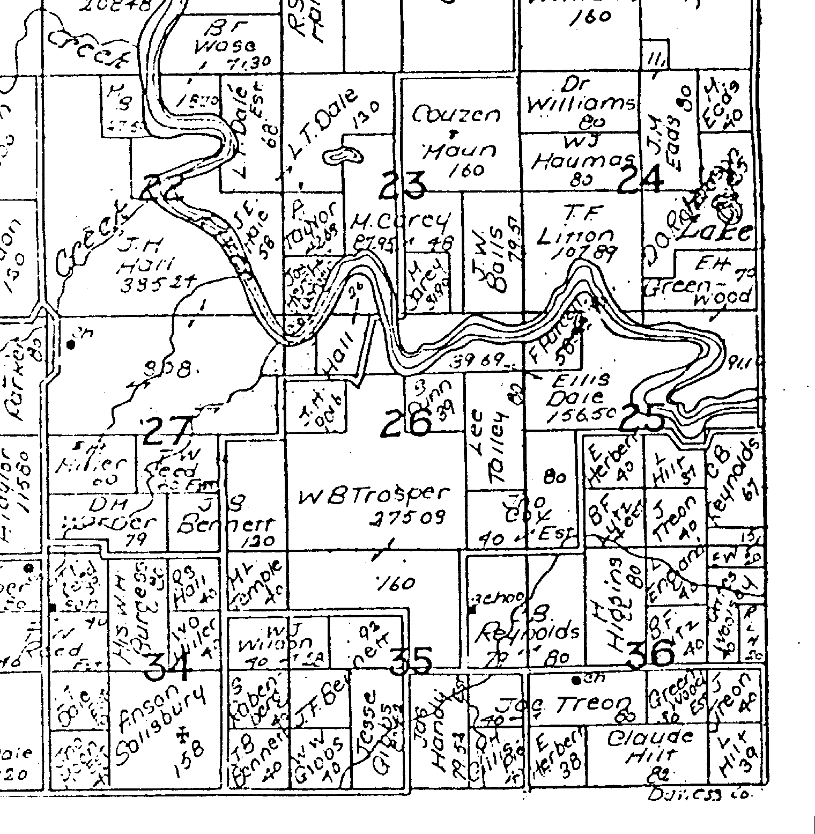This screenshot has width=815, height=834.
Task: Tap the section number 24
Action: click(640, 180)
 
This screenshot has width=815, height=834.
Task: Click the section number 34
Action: click(168, 665)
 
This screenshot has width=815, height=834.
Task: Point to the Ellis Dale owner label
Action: click(582, 389)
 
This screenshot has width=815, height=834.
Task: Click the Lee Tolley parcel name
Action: click(490, 448)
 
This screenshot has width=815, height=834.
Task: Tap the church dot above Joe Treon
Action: click(576, 680)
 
